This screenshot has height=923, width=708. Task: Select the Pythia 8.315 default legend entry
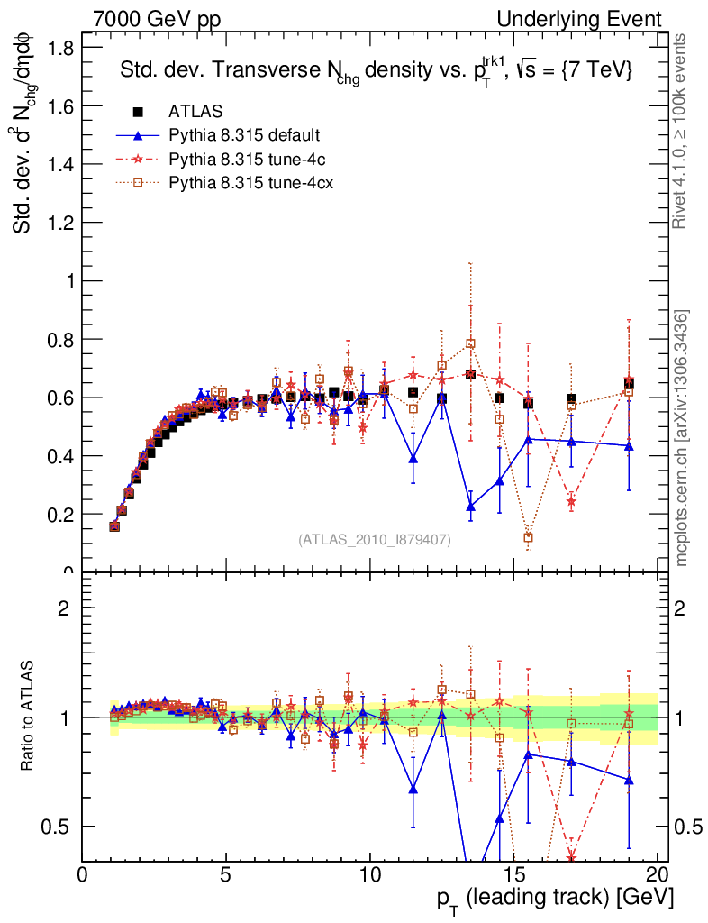tap(243, 136)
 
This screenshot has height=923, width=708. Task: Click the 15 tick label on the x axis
tap(513, 875)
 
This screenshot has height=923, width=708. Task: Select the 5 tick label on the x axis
tap(226, 875)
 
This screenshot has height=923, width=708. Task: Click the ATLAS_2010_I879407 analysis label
tap(375, 539)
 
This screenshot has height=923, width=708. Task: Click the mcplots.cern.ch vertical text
tap(682, 437)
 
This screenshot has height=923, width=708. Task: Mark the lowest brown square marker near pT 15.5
tap(528, 537)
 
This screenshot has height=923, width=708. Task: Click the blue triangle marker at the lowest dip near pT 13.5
tap(470, 507)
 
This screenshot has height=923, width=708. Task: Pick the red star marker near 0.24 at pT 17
tap(571, 501)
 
